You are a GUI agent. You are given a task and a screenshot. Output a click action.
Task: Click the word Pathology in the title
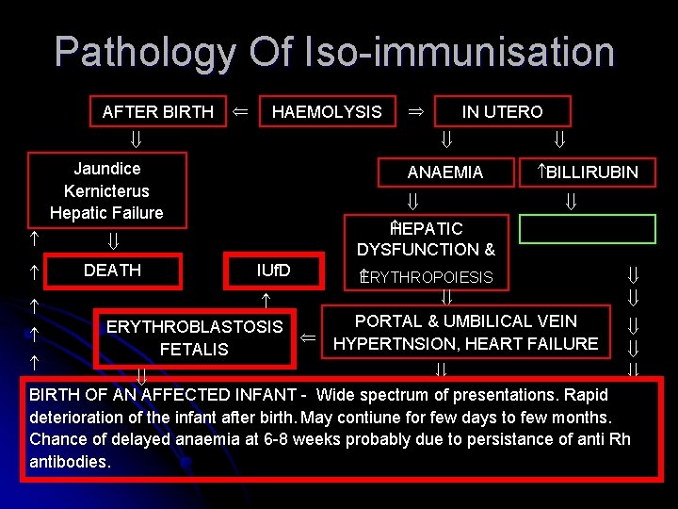tap(145, 52)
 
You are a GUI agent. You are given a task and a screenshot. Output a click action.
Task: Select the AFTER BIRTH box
tap(157, 112)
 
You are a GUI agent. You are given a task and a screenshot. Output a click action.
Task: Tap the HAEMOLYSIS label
tap(327, 112)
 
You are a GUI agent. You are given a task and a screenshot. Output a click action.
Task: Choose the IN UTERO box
tap(502, 112)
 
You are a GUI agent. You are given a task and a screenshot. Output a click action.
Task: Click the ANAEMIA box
tap(445, 172)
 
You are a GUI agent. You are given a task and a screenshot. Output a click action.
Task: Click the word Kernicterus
tap(106, 191)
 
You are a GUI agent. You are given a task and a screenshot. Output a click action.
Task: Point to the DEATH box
tap(112, 271)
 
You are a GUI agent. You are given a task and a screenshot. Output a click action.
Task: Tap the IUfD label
tap(274, 271)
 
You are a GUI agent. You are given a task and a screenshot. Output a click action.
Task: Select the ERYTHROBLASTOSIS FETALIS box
tap(194, 337)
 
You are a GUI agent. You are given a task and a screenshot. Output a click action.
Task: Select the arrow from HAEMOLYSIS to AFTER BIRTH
tap(241, 111)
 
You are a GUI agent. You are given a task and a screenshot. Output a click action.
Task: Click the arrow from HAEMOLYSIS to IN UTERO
tap(414, 111)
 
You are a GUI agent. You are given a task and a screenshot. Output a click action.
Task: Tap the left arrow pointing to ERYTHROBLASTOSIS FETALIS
tap(307, 337)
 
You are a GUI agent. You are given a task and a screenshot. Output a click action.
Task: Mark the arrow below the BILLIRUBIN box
tap(570, 201)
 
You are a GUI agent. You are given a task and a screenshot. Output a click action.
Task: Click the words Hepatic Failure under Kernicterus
tap(106, 213)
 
